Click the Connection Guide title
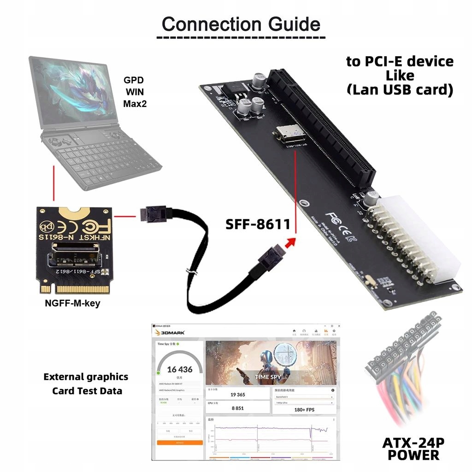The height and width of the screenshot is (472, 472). pyautogui.click(x=241, y=24)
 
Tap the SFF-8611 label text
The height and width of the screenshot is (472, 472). pyautogui.click(x=258, y=224)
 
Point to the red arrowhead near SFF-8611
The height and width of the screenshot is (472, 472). pyautogui.click(x=289, y=241)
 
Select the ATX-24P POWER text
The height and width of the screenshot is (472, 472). pyautogui.click(x=413, y=448)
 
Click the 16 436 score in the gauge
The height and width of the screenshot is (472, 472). pyautogui.click(x=180, y=369)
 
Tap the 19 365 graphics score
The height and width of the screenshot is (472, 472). pyautogui.click(x=237, y=395)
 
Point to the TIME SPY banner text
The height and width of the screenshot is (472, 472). pyautogui.click(x=268, y=377)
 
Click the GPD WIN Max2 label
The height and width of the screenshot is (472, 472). pyautogui.click(x=134, y=91)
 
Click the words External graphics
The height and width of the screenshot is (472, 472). pyautogui.click(x=86, y=377)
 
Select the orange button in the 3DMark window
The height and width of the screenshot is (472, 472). pyautogui.click(x=180, y=442)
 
